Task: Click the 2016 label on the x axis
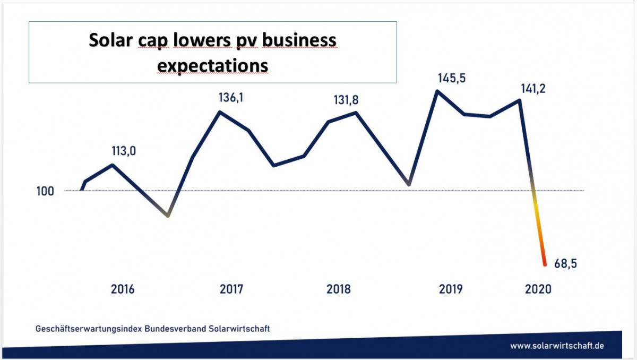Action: pos(123,289)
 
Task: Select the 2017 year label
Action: pos(231,289)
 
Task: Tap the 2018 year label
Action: pos(339,289)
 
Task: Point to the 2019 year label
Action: pos(451,289)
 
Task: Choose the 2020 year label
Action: pos(538,289)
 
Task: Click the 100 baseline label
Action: pos(45,191)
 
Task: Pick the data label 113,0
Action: pos(124,151)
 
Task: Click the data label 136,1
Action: pos(231,98)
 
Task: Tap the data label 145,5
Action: pos(452,78)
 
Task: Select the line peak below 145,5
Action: pos(437,91)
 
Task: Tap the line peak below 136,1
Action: pos(220,112)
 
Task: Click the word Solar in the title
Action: pos(113,40)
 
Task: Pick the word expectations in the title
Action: pos(213,66)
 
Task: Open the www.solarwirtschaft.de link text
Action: pos(557,345)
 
